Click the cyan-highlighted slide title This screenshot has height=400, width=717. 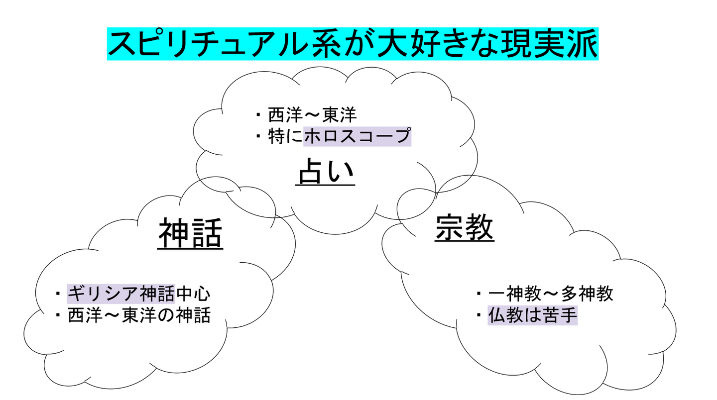point(353,44)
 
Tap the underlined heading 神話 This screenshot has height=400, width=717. point(190,233)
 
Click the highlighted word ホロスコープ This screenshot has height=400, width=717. point(357,136)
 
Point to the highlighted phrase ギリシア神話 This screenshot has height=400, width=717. point(121,294)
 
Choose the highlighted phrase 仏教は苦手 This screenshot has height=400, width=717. point(533,315)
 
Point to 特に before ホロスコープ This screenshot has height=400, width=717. point(285,136)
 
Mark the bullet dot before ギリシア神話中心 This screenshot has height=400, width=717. point(58,293)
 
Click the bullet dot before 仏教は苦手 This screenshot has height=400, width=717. point(479,315)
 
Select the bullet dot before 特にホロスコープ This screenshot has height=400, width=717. point(258,136)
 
